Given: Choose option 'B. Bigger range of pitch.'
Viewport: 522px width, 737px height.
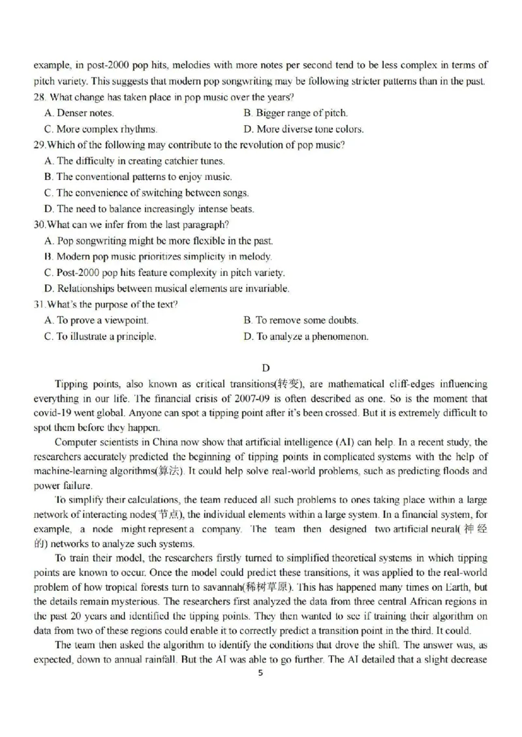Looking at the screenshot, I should point(296,113).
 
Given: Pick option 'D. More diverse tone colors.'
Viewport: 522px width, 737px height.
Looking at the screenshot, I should point(303,129).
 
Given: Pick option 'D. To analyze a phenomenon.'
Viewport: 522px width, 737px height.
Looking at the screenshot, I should point(306,337).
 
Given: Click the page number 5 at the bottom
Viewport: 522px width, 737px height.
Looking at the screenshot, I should point(261,674).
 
